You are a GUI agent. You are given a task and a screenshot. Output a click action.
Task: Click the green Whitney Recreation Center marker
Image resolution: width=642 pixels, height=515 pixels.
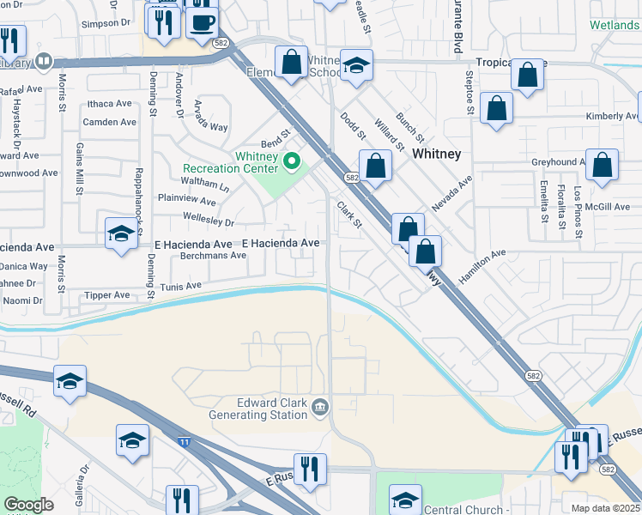292,160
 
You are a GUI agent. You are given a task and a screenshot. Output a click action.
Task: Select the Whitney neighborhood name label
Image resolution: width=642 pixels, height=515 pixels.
436,154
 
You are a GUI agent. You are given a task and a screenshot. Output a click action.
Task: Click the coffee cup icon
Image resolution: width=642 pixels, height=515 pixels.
203,22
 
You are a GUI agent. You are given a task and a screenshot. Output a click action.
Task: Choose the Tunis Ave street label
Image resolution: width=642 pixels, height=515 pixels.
180,286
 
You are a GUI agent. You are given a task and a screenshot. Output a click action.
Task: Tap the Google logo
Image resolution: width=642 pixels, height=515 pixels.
29,505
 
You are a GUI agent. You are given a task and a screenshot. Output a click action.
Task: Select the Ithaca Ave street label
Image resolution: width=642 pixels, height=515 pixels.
110,103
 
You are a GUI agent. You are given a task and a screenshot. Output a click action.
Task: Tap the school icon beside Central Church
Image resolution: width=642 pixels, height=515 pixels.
405,500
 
